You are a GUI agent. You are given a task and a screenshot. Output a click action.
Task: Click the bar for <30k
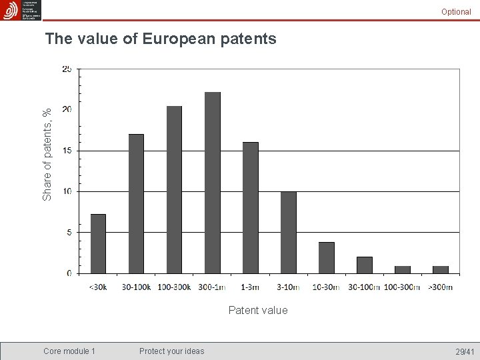(x=98, y=244)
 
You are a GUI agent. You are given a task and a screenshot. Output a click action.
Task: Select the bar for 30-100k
(x=136, y=204)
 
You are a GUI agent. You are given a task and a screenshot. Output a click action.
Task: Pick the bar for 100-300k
(x=174, y=190)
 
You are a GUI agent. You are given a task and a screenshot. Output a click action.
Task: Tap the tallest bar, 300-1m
(x=213, y=183)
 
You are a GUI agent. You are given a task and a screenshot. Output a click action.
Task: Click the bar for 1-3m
(x=251, y=208)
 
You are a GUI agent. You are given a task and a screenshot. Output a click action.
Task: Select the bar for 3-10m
(x=289, y=233)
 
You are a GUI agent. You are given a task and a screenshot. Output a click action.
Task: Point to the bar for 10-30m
(x=327, y=258)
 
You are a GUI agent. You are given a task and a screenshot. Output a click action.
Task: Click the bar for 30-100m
(x=365, y=265)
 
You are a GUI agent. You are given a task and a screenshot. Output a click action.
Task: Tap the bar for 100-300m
(x=403, y=270)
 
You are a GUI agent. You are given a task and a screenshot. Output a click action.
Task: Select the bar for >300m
(x=441, y=270)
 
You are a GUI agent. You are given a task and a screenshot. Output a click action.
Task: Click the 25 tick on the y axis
(x=67, y=69)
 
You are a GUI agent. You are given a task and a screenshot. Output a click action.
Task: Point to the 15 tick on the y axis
(x=67, y=151)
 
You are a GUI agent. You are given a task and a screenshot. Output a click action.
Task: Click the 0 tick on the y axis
(x=69, y=273)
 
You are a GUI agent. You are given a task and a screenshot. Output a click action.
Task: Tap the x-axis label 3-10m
(x=289, y=287)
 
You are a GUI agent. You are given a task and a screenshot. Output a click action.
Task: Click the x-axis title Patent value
(x=258, y=310)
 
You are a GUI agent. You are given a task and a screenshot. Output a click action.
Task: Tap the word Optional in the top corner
(x=456, y=11)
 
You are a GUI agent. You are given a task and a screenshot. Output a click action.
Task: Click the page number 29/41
(x=465, y=351)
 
